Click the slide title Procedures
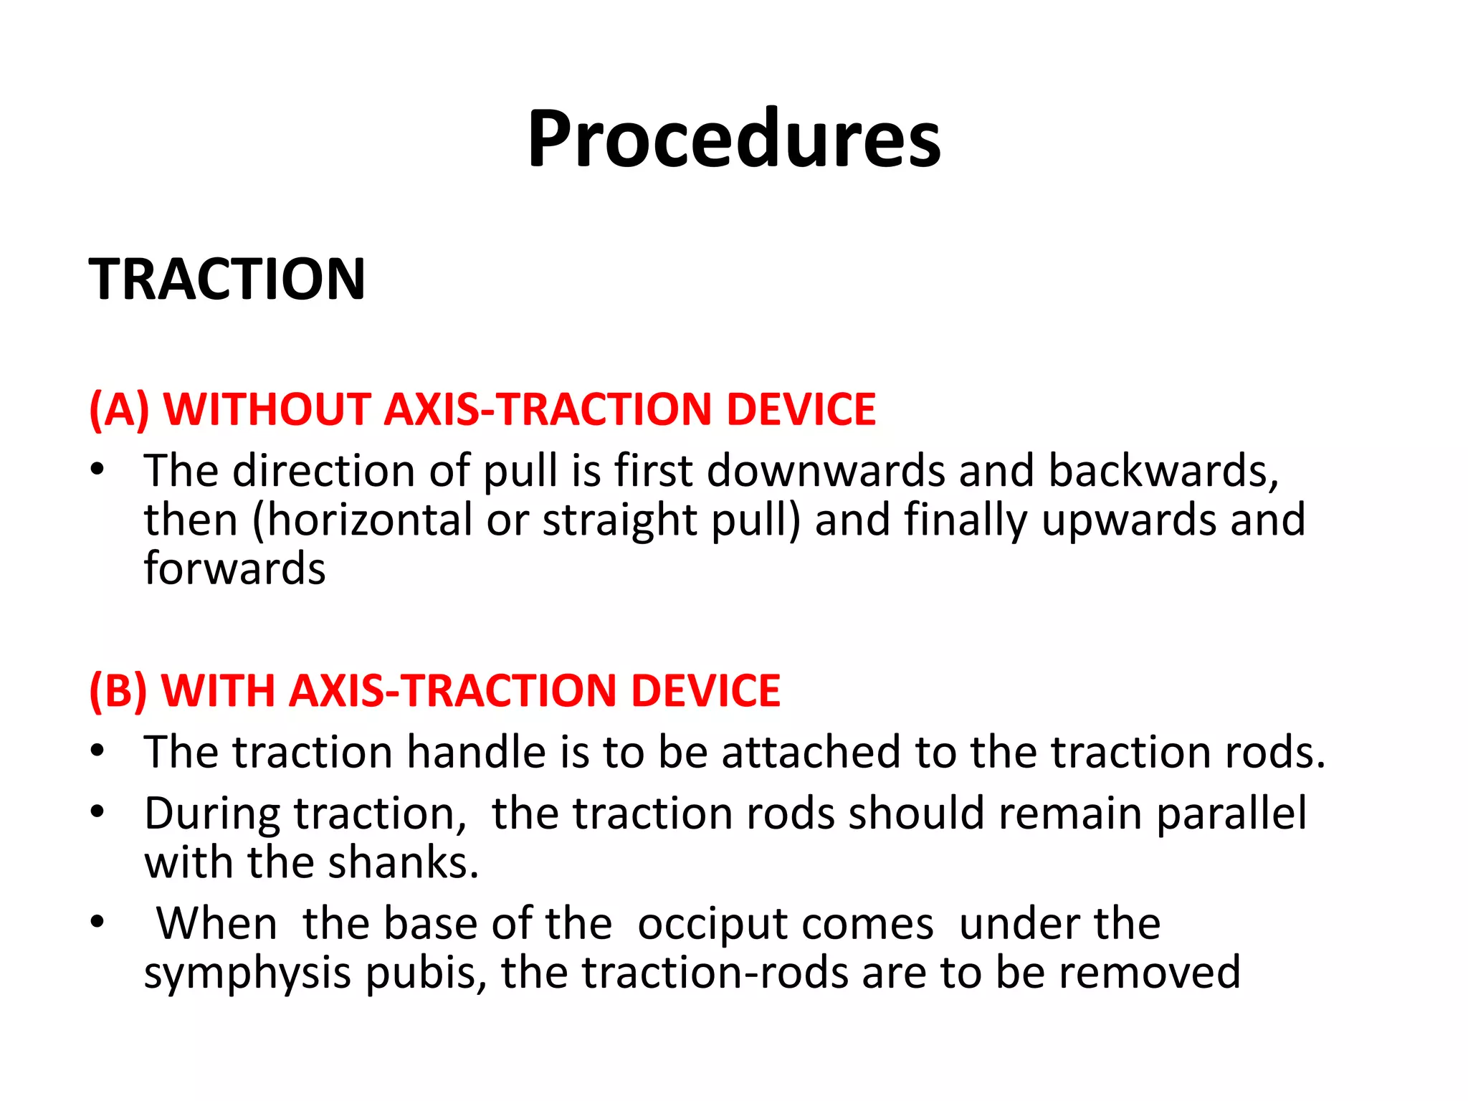click(x=733, y=139)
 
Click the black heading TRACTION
click(x=227, y=279)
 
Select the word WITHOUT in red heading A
click(x=267, y=409)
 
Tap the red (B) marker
click(x=118, y=691)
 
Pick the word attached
click(x=810, y=753)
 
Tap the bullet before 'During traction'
click(x=98, y=813)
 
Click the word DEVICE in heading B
click(x=705, y=691)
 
